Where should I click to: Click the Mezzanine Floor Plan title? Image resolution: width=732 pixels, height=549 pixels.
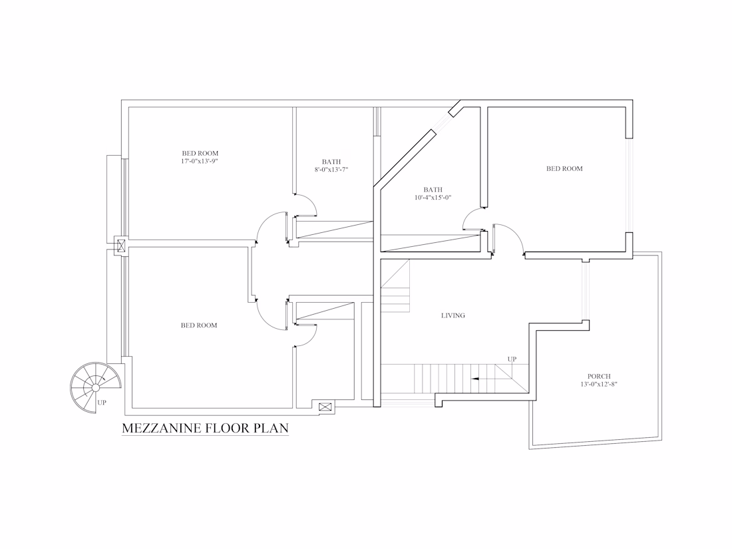tap(205, 428)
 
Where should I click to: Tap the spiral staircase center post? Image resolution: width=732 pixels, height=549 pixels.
tap(95, 387)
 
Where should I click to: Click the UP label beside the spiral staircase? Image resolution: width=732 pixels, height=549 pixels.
tap(102, 403)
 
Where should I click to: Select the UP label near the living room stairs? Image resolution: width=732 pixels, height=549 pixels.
tap(512, 359)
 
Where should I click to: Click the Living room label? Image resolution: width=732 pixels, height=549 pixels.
tap(453, 315)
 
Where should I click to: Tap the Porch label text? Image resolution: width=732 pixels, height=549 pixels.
tap(599, 376)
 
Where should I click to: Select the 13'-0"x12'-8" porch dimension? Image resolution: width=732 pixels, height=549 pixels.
tap(599, 384)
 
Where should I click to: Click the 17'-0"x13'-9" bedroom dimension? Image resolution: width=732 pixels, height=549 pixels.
tap(200, 161)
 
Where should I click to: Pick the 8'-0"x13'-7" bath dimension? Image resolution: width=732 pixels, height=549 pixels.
tap(331, 170)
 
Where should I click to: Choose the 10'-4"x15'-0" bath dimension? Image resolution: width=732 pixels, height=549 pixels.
tap(433, 198)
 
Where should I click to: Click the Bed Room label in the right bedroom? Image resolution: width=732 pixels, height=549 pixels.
tap(564, 168)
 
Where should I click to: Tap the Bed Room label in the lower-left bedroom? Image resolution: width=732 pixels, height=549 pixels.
tap(199, 325)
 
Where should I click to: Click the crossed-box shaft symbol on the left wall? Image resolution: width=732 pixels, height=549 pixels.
tap(121, 246)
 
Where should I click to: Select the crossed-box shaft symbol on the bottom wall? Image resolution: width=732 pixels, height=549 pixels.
tap(325, 407)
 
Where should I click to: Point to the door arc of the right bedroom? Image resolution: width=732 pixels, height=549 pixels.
tap(515, 232)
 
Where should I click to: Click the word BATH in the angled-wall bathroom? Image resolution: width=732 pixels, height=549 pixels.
tap(433, 190)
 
